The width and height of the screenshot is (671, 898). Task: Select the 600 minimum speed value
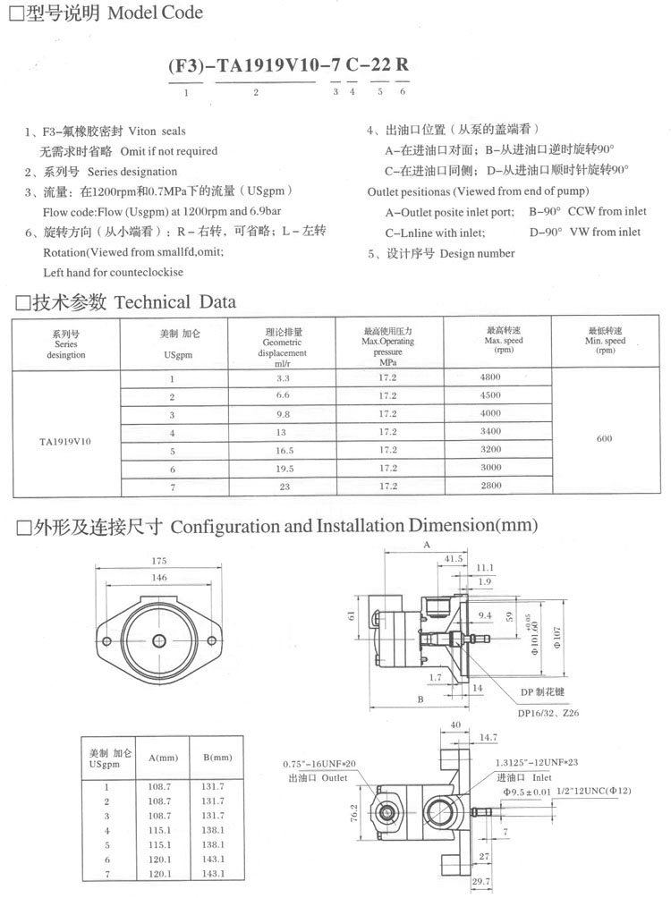point(605,438)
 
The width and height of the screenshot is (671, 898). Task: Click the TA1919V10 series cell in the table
point(65,441)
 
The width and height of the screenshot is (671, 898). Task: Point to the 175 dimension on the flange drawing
point(159,561)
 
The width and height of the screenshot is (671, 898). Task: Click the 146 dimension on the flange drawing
point(159,579)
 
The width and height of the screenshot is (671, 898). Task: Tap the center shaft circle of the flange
point(159,640)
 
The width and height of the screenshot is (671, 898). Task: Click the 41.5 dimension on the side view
point(454,559)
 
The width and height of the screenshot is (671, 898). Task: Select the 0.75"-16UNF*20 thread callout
point(319,763)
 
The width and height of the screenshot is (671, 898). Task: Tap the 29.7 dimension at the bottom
point(480,883)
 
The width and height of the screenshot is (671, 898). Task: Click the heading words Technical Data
point(175,301)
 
